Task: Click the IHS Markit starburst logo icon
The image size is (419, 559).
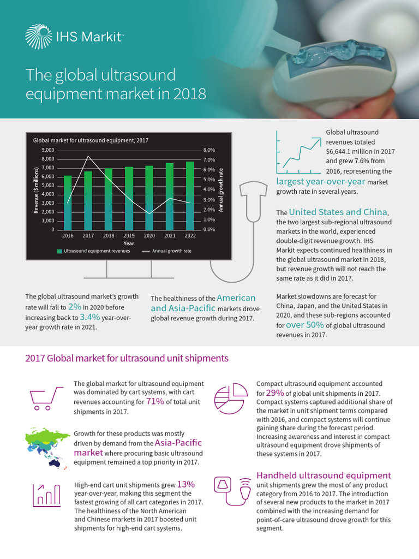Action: tap(38, 37)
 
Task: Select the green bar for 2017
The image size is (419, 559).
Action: tap(88, 200)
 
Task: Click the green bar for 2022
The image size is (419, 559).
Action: tap(189, 195)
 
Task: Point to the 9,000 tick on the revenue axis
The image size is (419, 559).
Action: tap(47, 150)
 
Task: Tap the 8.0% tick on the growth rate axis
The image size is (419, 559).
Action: tap(209, 150)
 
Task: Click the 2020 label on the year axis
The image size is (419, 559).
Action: tap(149, 236)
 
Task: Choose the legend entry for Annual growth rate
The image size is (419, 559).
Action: tap(166, 252)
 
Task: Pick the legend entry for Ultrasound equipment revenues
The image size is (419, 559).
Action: tap(93, 252)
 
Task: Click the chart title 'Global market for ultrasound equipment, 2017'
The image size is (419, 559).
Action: tap(91, 140)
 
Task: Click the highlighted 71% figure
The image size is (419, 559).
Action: tap(155, 402)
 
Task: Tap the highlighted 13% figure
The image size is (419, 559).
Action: tap(186, 484)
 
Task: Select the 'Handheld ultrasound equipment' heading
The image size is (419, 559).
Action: tap(324, 475)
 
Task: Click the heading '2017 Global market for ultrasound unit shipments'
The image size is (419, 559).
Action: tap(127, 359)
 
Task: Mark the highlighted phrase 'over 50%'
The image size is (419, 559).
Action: tap(306, 325)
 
